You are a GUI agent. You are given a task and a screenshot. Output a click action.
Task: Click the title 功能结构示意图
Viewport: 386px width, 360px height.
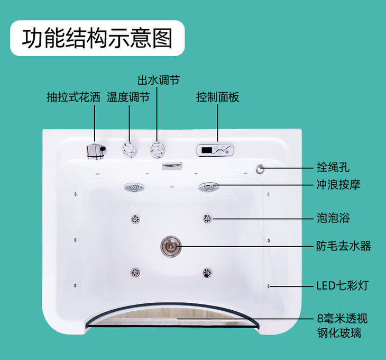click(97, 38)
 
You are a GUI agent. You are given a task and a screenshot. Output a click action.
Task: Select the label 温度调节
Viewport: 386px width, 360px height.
click(128, 97)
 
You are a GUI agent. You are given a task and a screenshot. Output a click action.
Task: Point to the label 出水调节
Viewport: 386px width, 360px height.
click(158, 80)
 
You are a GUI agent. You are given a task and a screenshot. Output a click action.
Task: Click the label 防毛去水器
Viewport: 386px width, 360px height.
click(343, 246)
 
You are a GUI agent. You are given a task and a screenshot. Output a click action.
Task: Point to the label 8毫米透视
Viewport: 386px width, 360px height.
click(342, 319)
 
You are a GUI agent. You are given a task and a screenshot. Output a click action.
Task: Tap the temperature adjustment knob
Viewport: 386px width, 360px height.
click(128, 150)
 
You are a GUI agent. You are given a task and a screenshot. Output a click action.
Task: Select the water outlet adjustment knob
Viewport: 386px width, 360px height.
click(157, 150)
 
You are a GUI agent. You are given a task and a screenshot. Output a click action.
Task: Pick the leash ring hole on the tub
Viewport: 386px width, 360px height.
click(260, 169)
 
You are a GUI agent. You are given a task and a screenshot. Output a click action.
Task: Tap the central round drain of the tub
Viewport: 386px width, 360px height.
click(171, 246)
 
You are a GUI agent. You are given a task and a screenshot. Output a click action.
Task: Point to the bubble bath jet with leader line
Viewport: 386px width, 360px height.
click(207, 218)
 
